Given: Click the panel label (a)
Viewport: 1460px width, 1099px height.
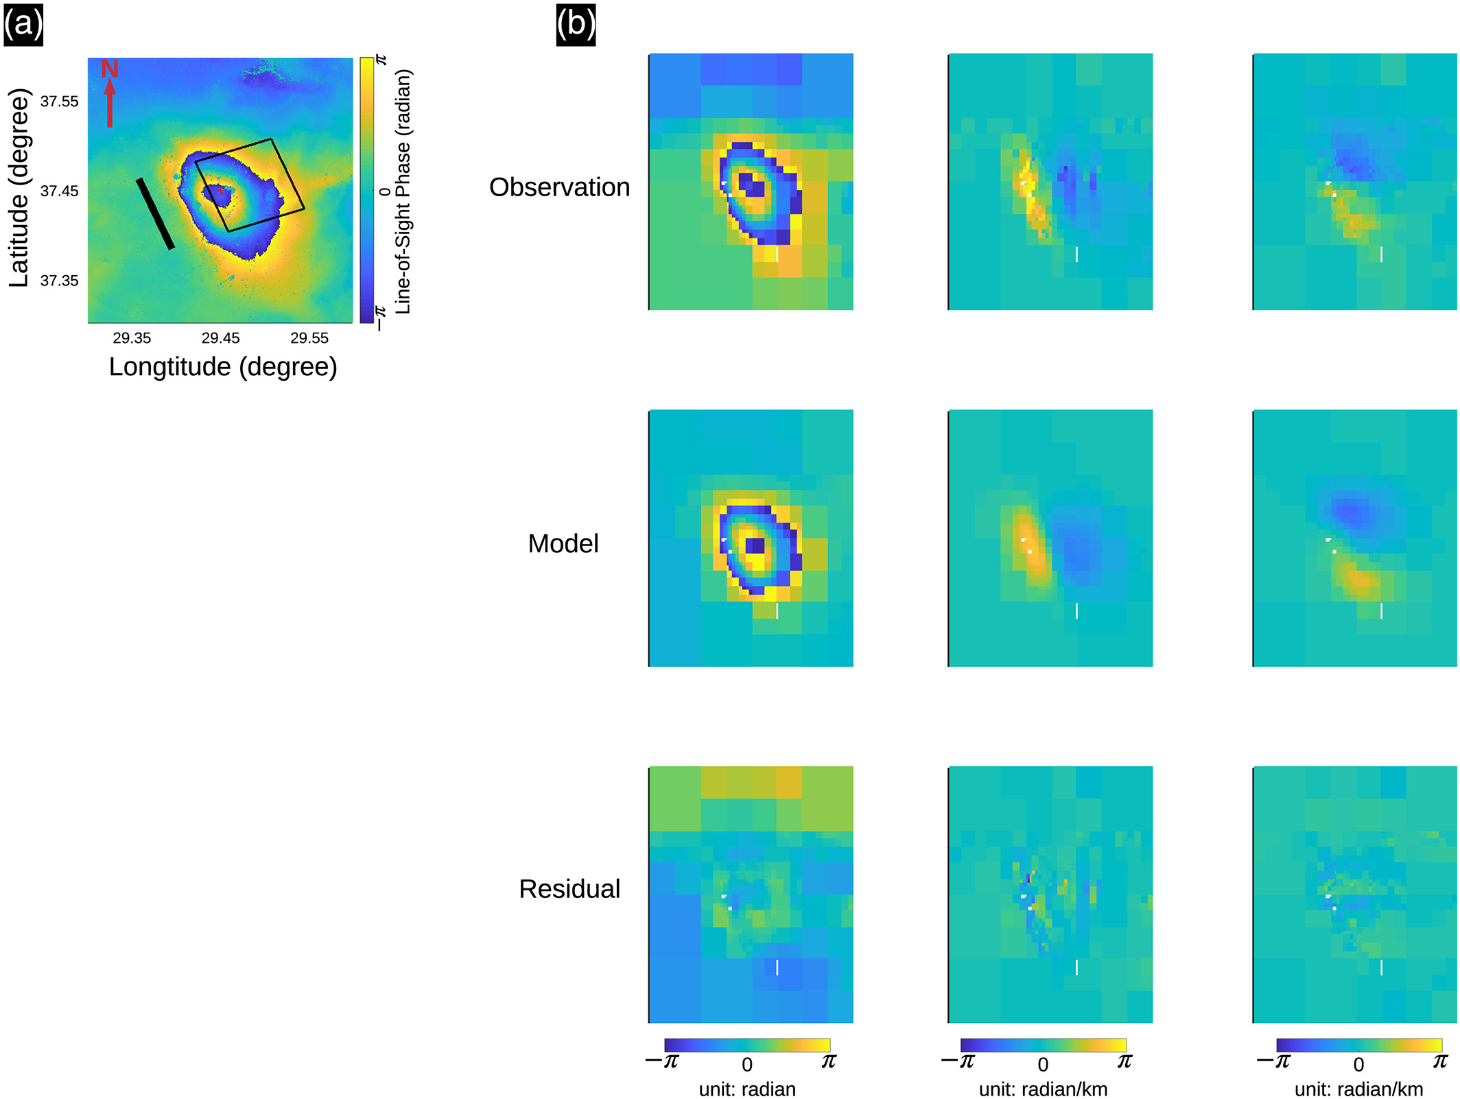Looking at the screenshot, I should (23, 25).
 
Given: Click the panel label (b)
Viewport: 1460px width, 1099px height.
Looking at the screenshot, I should (576, 25).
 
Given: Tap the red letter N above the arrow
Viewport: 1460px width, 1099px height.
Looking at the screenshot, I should (110, 69).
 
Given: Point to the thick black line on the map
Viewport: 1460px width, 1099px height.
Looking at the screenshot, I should (155, 213).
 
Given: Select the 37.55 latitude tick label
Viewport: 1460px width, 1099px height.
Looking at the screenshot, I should (60, 102).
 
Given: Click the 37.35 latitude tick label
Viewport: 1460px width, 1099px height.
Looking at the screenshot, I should (60, 281).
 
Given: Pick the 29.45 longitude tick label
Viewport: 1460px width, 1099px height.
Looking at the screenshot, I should (220, 338).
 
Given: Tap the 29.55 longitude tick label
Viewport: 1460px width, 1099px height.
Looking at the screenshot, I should (309, 338).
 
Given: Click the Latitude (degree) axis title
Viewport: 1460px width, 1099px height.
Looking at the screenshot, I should (19, 188).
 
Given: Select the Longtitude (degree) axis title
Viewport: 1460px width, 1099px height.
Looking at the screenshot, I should (223, 367).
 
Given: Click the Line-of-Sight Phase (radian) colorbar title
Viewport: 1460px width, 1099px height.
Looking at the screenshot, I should (403, 192).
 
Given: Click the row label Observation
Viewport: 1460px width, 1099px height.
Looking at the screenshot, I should (559, 187).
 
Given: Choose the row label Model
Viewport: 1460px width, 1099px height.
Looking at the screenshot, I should (563, 544).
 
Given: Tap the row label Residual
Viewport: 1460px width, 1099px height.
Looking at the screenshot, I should (569, 889).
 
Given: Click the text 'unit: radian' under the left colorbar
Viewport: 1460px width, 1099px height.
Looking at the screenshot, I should (747, 1089).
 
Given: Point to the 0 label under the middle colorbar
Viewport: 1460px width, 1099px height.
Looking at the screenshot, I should (1043, 1065).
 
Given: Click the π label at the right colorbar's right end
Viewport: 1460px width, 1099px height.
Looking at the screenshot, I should (1440, 1061).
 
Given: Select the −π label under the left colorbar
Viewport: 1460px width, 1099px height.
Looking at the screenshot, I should (663, 1062).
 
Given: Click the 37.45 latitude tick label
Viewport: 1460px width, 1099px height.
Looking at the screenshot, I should (60, 191).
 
